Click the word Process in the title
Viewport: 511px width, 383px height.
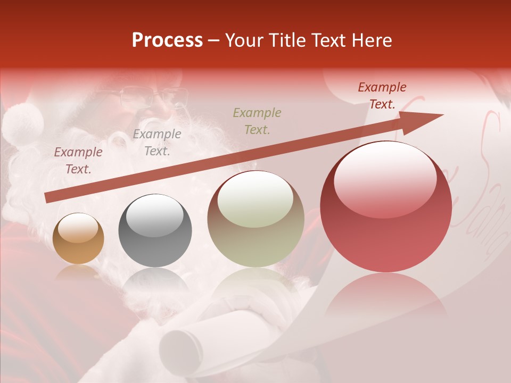(x=167, y=40)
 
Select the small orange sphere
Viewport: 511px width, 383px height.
(x=78, y=238)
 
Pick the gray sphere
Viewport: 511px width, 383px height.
(x=155, y=230)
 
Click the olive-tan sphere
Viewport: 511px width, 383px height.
(x=256, y=219)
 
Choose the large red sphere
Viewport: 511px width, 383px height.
(x=385, y=207)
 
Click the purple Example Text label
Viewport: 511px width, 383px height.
(x=78, y=161)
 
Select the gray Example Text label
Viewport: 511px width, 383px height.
(x=156, y=143)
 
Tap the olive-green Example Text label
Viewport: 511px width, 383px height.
(x=257, y=121)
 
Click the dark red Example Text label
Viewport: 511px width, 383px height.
(x=382, y=96)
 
